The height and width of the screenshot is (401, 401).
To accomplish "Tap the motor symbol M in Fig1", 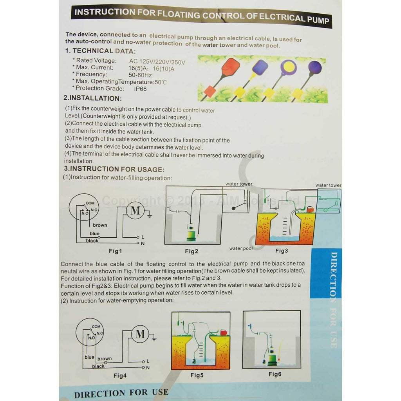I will tap(135, 211).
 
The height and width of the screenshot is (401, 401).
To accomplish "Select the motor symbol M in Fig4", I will tap(140, 334).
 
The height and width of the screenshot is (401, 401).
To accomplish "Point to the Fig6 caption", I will tap(275, 374).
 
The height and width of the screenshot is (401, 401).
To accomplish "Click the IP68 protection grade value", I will tap(141, 89).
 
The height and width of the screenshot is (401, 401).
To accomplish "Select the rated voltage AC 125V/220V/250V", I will tap(157, 61).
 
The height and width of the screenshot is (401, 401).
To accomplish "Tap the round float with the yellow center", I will tap(288, 67).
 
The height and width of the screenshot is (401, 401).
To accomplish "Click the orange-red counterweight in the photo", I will tap(210, 92).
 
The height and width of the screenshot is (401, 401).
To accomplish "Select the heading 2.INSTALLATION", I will tap(93, 98).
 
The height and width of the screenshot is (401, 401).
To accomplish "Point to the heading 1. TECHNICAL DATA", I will tap(100, 51).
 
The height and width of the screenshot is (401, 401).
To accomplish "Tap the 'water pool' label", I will tap(241, 248).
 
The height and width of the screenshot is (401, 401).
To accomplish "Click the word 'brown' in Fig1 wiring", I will tap(100, 225).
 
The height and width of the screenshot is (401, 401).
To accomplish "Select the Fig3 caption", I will tap(282, 251).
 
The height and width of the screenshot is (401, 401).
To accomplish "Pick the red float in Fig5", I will tap(224, 332).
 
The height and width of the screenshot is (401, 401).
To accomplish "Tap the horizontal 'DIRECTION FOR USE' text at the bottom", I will tap(121, 392).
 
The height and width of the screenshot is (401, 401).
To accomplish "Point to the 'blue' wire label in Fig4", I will tap(89, 357).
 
